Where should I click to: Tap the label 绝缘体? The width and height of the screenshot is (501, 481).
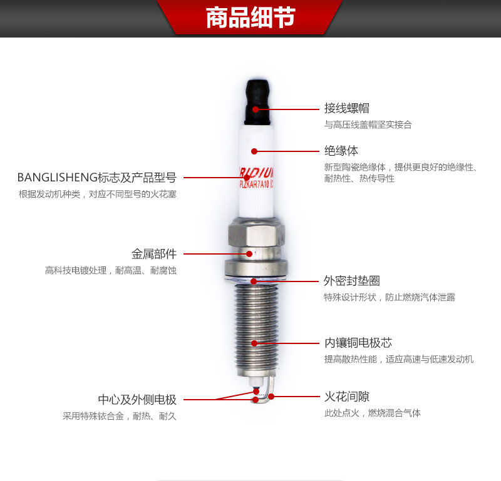point(341,151)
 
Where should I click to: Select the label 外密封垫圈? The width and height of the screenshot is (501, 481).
point(351,281)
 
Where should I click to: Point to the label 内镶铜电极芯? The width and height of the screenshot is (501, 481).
point(358,343)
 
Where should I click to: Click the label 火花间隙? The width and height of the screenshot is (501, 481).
point(346,397)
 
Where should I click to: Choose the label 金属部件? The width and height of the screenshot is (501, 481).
point(153,254)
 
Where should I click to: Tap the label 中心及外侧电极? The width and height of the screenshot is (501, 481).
point(137,400)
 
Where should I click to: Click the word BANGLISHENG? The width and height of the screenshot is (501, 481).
point(54,178)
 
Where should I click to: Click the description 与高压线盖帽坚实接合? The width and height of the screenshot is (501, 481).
point(368,124)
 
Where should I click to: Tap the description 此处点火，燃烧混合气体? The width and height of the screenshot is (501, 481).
point(372,413)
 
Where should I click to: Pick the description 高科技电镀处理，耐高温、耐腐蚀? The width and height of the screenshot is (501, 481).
point(111,270)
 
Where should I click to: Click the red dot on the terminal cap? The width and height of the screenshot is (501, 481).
point(256,109)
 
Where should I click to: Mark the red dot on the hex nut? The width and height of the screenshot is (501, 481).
point(250,254)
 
